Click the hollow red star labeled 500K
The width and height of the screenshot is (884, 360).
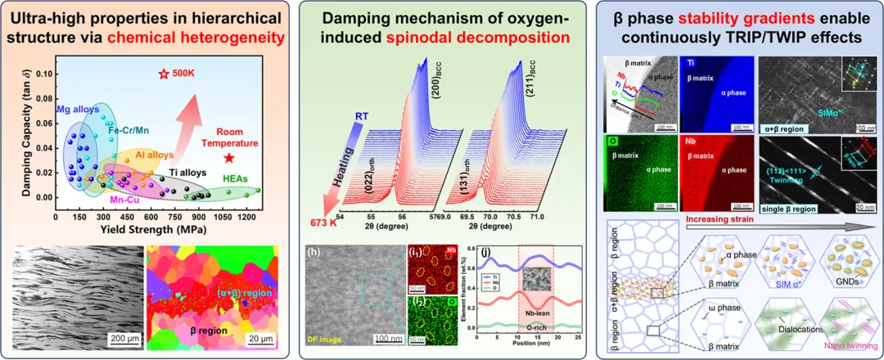pos(163,74)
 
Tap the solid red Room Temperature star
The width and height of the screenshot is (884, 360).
pos(229,158)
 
